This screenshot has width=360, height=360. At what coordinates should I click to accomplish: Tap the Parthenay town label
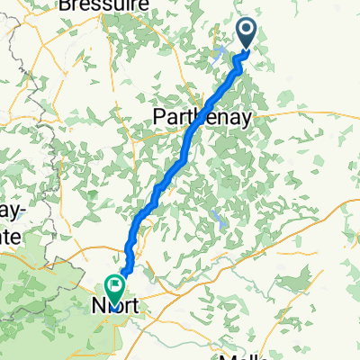[x=201, y=117]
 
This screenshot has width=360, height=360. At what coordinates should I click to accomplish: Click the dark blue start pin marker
[x=247, y=33]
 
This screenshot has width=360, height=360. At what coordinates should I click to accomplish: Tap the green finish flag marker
[x=115, y=287]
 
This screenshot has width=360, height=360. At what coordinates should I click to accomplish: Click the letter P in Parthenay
[x=159, y=117]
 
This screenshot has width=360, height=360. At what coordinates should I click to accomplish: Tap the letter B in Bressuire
[x=64, y=4]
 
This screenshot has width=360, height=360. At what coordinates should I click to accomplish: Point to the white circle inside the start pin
[x=247, y=30]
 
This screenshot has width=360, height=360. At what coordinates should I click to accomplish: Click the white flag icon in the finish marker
[x=115, y=283]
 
